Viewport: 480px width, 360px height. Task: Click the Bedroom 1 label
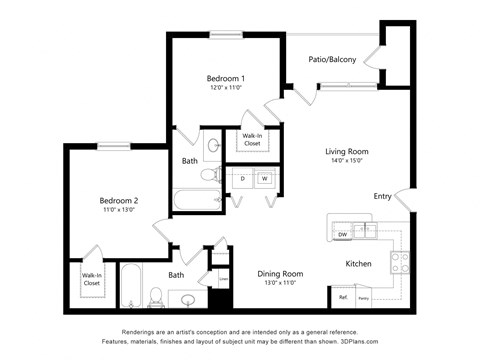226,78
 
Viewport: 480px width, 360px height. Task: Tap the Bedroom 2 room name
118,200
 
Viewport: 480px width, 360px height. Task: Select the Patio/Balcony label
331,60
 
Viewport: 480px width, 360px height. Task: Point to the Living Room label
347,151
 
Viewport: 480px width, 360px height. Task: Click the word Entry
382,196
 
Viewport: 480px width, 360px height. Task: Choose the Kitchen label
358,264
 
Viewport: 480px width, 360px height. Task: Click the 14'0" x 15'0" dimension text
347,161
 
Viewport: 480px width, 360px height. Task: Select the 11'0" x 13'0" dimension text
118,210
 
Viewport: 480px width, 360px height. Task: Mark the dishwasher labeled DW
342,235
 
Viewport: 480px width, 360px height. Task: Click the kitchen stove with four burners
399,262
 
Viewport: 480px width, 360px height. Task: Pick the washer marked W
265,179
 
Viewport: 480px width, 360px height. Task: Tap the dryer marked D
241,179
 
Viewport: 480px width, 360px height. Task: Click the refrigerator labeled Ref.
342,298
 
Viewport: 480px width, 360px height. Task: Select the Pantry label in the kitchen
364,298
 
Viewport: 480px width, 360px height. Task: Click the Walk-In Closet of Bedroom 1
251,139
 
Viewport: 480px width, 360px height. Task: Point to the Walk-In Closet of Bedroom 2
91,279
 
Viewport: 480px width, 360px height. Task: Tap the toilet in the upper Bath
209,175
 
